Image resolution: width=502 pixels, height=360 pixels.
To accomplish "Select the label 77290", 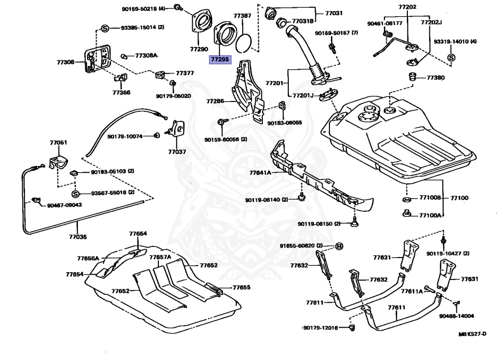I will click(x=200, y=50).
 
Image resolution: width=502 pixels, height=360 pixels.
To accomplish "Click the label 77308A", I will click(x=146, y=55).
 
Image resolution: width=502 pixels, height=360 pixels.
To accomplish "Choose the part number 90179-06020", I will click(x=174, y=96).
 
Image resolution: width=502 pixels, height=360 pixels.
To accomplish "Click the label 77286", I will click(x=215, y=102).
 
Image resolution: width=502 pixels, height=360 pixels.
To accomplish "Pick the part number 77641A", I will click(x=260, y=173).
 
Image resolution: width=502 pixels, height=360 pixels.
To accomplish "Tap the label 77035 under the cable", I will click(x=77, y=237).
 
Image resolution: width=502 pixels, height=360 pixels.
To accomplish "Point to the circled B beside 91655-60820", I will click(x=338, y=246).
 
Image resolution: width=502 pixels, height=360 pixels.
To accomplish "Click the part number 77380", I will click(x=435, y=77).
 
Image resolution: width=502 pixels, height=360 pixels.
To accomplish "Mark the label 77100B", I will click(x=430, y=198).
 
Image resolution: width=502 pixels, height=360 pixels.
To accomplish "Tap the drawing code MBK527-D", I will click(x=472, y=334).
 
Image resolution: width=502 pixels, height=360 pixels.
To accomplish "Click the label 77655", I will click(x=241, y=288).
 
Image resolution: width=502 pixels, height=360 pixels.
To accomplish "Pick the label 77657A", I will click(x=160, y=257).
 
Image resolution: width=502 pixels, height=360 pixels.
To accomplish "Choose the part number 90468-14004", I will click(x=456, y=316).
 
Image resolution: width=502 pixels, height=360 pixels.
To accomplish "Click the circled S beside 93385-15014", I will click(x=104, y=27).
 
